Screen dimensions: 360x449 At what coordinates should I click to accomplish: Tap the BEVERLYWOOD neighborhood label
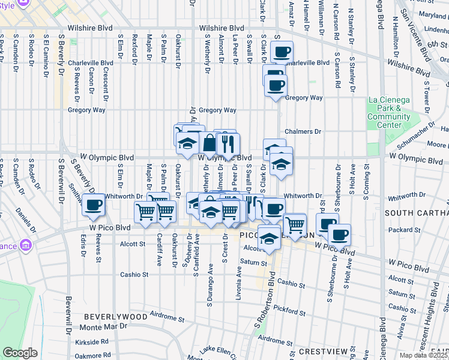(115, 316)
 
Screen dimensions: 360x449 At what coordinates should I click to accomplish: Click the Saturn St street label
(253, 263)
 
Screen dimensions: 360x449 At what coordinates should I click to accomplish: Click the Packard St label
(404, 229)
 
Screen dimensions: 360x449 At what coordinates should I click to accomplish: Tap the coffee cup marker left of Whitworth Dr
(93, 205)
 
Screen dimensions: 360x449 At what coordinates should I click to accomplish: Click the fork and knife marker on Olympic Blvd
(228, 144)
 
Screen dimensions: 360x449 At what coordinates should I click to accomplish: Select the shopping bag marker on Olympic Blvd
(209, 144)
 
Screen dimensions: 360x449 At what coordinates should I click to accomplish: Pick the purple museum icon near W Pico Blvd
(25, 245)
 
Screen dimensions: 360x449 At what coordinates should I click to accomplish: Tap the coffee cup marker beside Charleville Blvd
(280, 52)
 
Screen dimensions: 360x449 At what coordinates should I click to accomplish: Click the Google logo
(20, 353)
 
